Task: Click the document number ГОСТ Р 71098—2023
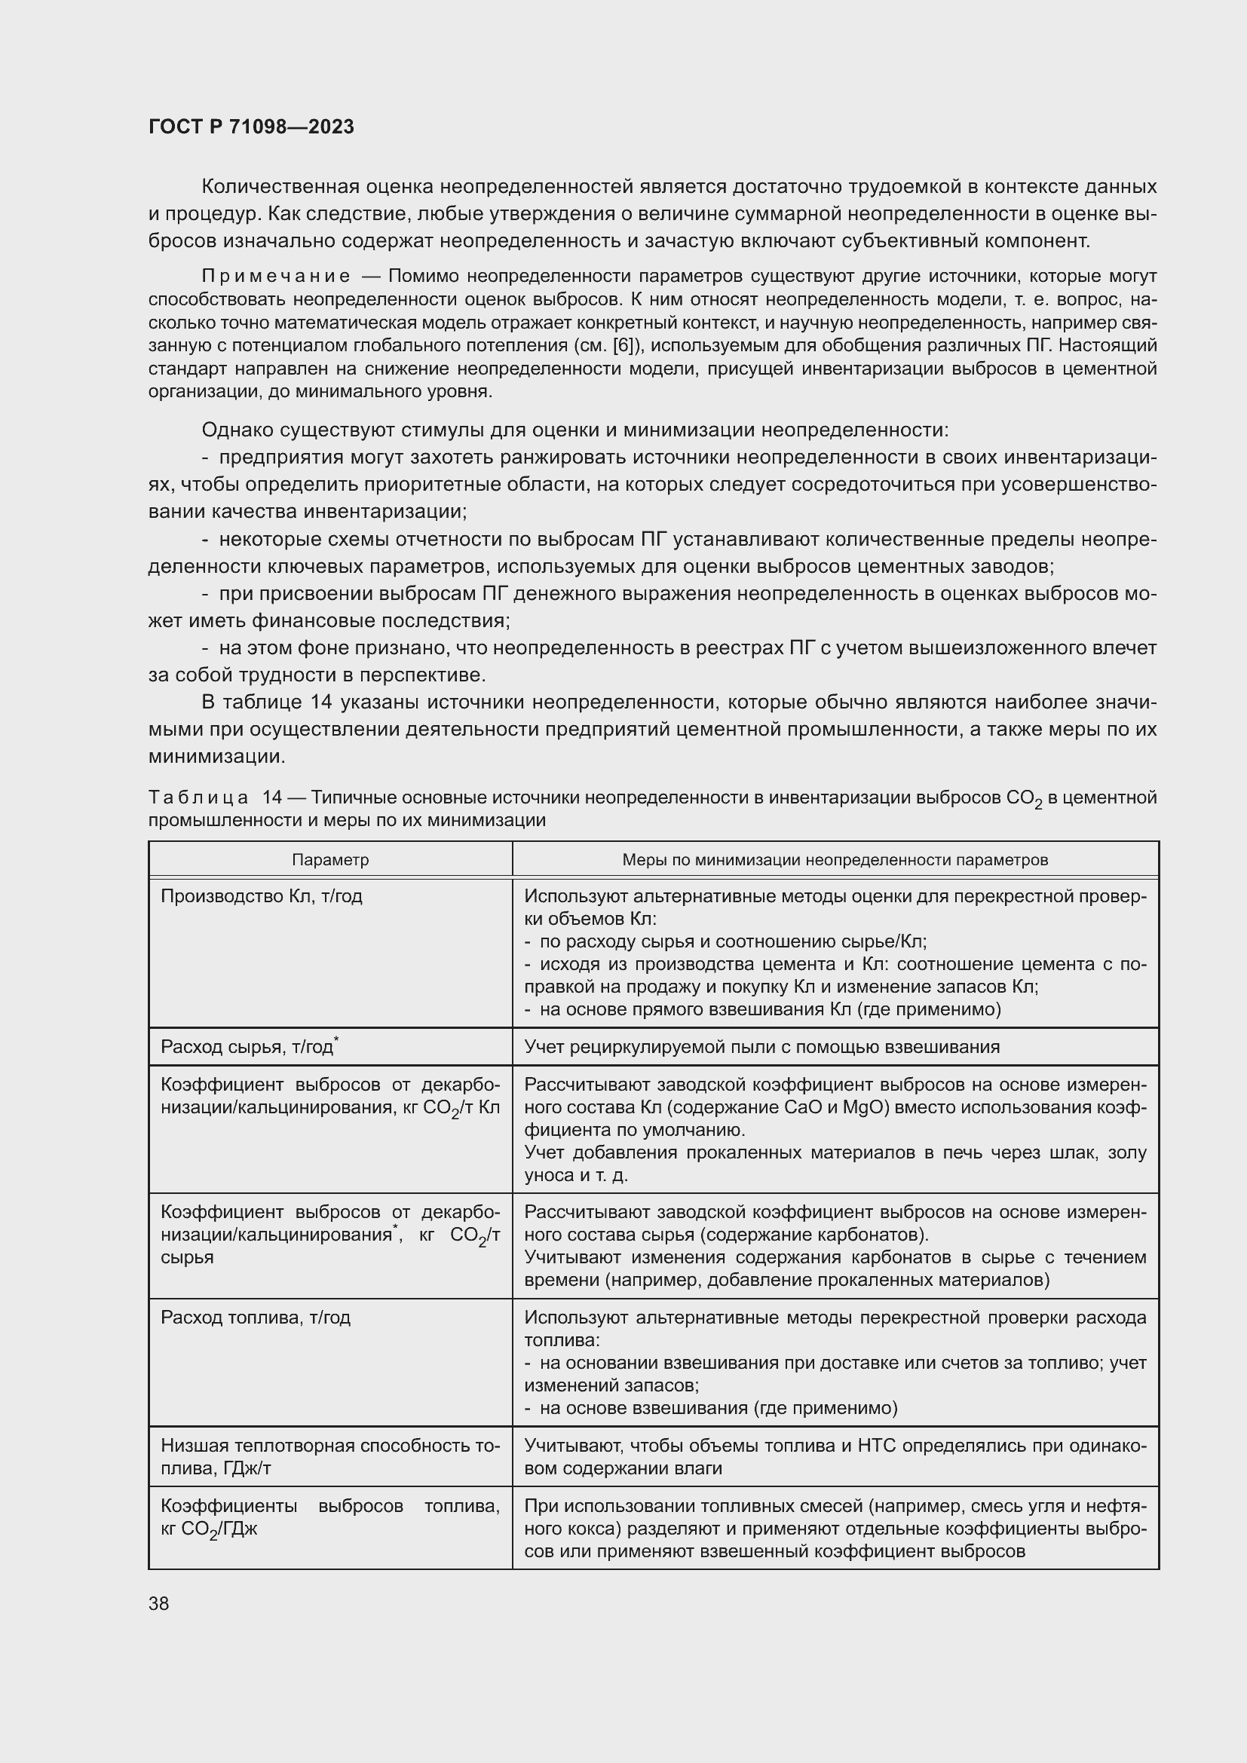(251, 127)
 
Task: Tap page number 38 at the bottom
(159, 1603)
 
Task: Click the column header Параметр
(330, 859)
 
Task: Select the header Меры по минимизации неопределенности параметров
(835, 859)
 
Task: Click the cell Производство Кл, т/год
(261, 896)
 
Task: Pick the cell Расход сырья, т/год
(247, 1047)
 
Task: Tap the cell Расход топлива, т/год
(255, 1318)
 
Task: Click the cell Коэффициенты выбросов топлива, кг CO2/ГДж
(329, 1517)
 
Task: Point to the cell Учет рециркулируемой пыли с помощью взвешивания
(761, 1047)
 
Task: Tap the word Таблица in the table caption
(198, 797)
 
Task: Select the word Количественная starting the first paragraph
(279, 187)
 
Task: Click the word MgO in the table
(866, 1107)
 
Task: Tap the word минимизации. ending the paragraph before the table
(216, 756)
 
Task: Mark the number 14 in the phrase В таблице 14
(320, 702)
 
